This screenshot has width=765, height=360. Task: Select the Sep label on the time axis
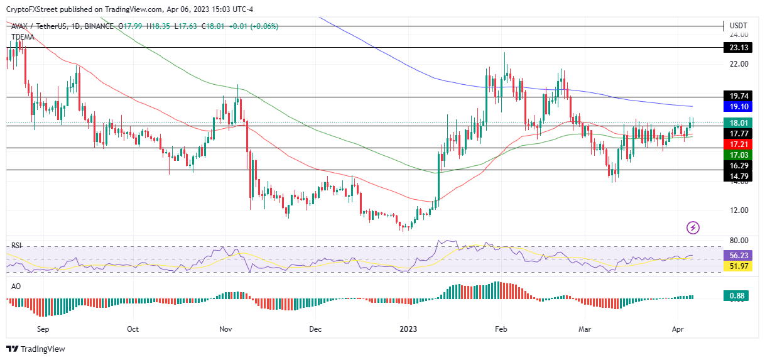coord(43,329)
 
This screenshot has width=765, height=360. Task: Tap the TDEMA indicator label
coord(23,37)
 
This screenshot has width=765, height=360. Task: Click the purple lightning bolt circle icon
coord(693,227)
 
